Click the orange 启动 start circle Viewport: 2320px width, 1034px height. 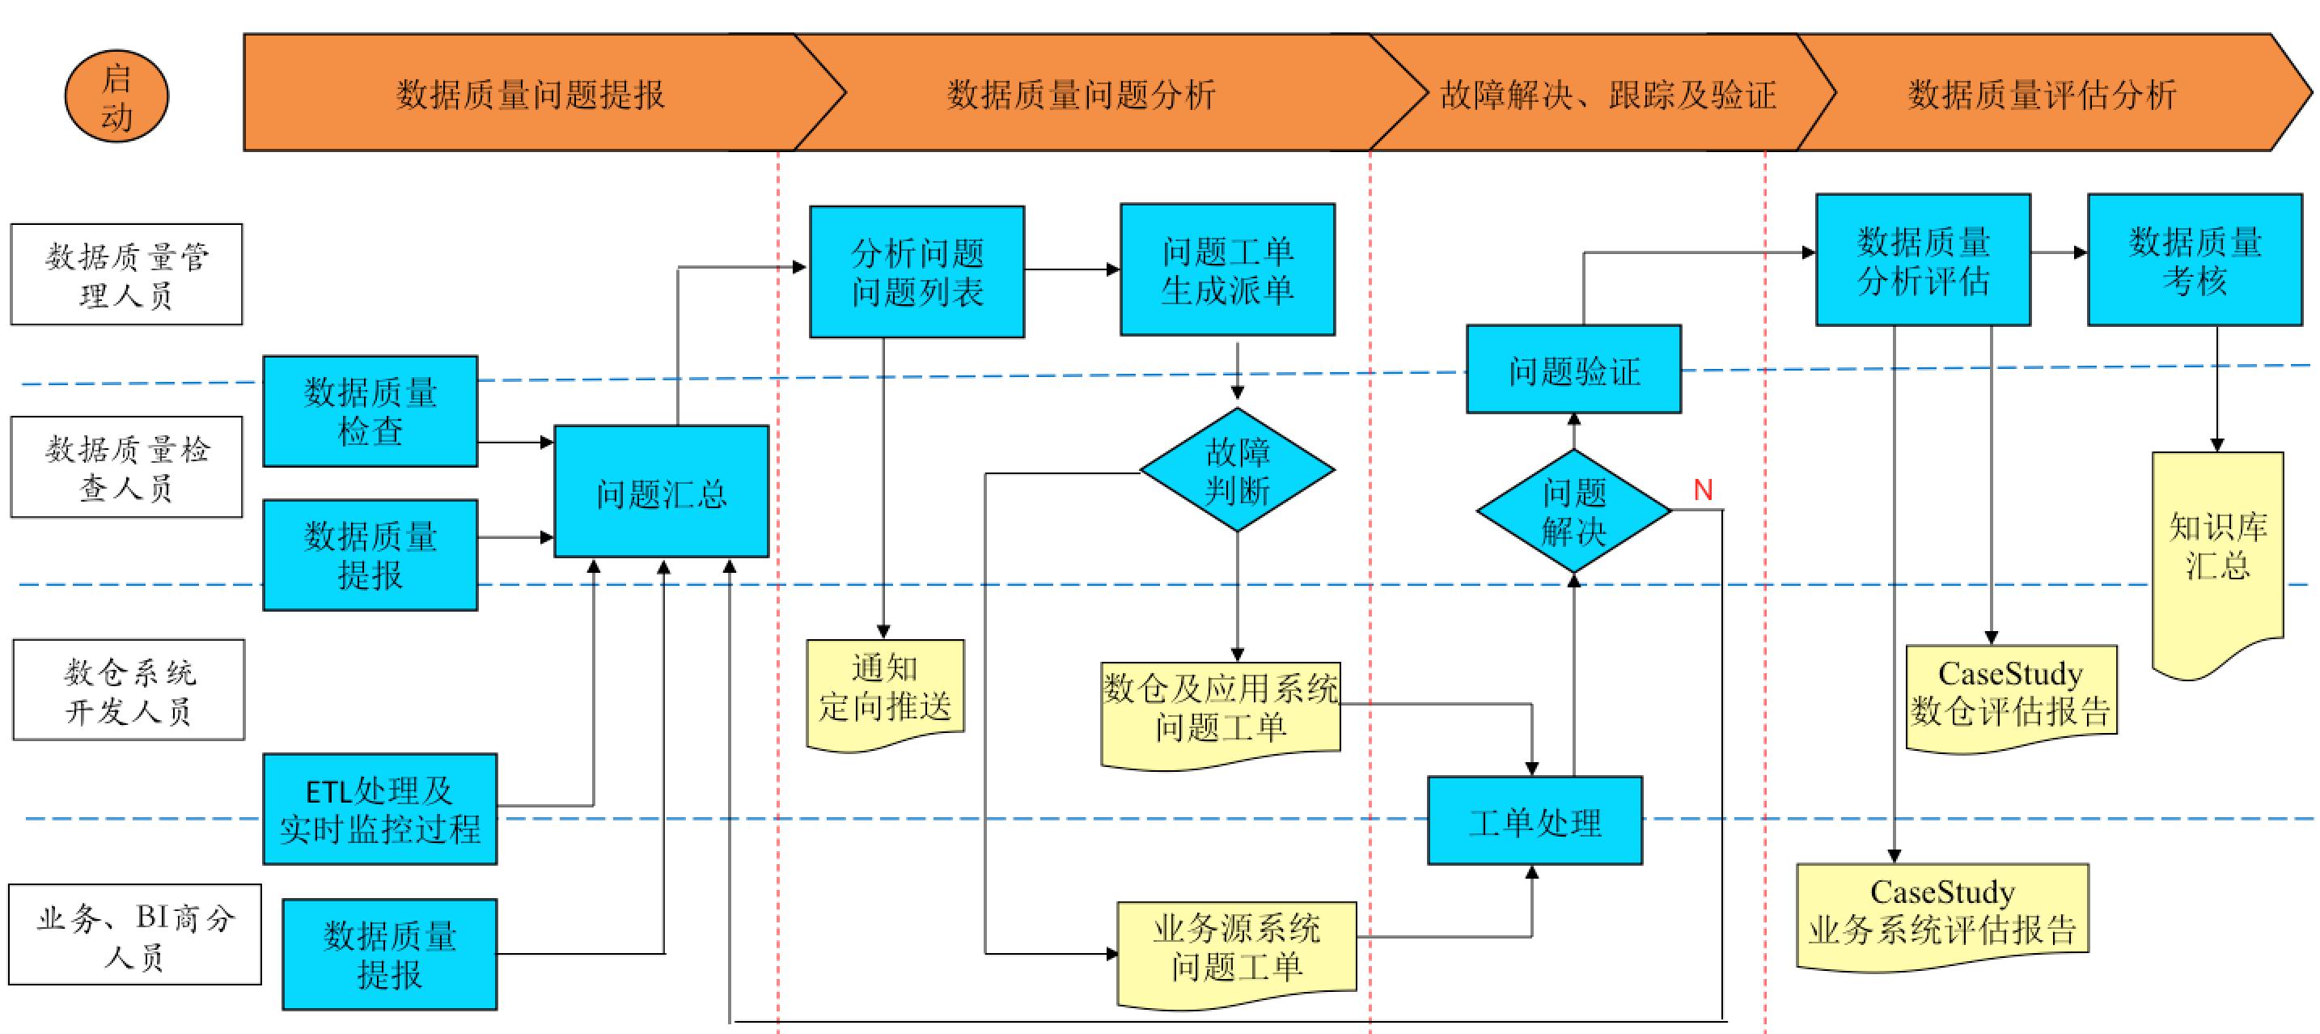coord(116,96)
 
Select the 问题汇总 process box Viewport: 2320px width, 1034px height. coord(661,492)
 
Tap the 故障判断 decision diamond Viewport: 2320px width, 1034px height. coord(1237,470)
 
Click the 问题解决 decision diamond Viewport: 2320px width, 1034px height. coord(1573,511)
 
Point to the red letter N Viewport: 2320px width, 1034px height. coord(1702,490)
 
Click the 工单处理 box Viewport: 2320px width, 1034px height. coord(1535,820)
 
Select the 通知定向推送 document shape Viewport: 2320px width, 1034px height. coord(884,692)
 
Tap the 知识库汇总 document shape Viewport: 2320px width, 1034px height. coord(2216,549)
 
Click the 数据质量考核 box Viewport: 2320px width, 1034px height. coord(2194,261)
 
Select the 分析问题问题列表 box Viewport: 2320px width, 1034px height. coord(916,272)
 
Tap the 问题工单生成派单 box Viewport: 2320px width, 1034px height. coord(1226,269)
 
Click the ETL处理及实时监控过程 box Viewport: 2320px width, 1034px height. coord(379,809)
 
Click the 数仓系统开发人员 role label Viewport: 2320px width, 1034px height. coord(128,690)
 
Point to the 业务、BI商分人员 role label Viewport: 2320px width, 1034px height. coord(134,935)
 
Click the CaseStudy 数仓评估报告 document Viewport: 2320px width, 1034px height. coord(2010,694)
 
